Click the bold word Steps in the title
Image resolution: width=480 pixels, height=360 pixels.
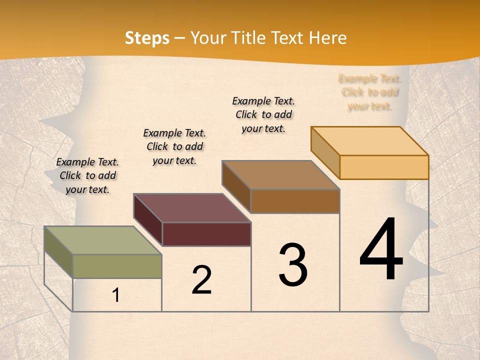147,38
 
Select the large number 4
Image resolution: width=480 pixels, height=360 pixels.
381,250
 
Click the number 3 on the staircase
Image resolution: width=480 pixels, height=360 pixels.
293,265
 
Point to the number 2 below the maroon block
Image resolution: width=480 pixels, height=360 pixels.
201,280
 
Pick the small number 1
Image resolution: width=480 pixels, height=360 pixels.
116,295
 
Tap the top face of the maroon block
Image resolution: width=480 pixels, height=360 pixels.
192,207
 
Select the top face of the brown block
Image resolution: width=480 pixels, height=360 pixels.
281,174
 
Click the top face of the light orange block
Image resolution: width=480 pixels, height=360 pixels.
370,140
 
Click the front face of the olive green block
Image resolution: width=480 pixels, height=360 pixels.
117,266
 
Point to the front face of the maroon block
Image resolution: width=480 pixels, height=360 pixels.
206,234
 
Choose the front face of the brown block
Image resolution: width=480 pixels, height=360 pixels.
295,201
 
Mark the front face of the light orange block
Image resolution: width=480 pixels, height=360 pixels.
384,167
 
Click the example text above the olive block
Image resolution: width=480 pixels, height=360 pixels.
87,175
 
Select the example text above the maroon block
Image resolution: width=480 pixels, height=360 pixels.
174,146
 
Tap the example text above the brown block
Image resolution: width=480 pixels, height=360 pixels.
263,114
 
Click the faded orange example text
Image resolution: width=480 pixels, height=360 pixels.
370,92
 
